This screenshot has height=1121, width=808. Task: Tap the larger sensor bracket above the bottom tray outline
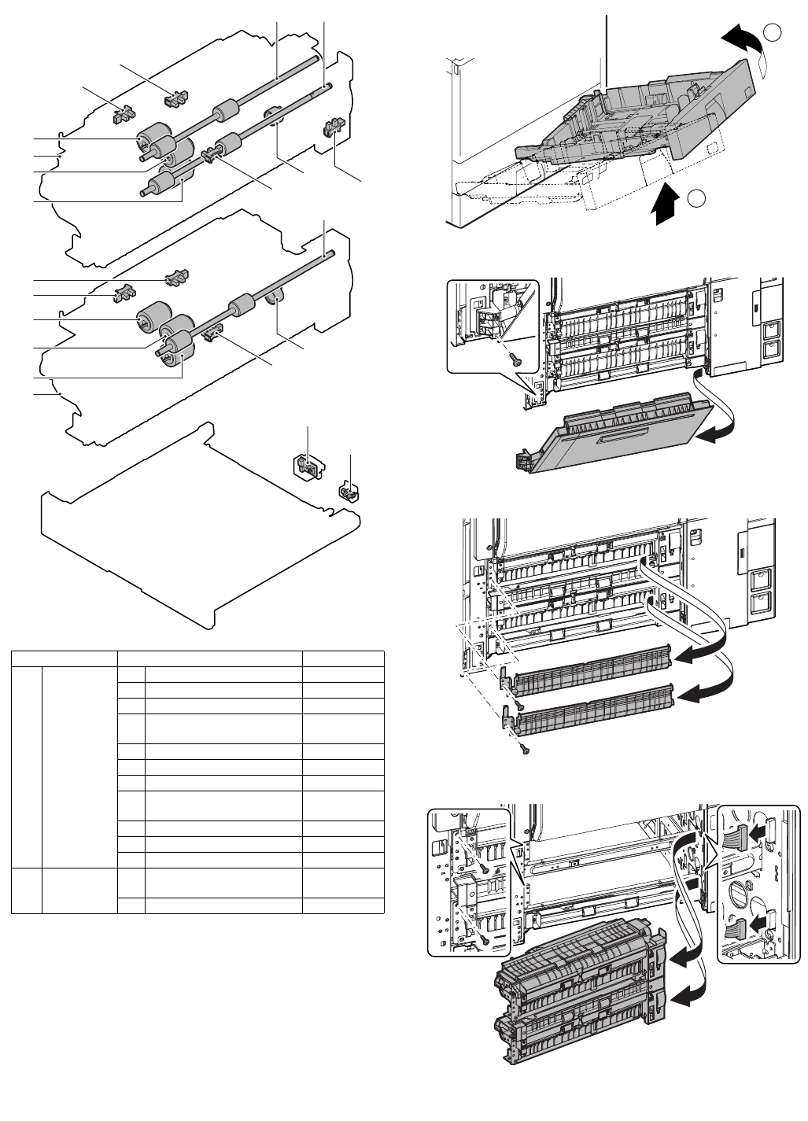point(306,466)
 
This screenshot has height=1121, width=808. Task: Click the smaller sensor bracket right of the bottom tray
point(346,492)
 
